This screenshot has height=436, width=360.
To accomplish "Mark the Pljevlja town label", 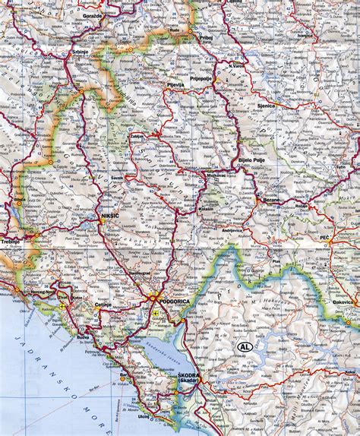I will pos(175,85).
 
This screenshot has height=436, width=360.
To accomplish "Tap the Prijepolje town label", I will pos(215,74).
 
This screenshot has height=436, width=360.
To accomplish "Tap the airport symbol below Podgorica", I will pos(156,313).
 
